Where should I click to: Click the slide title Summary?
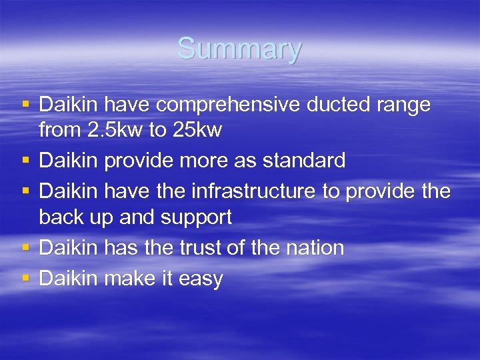click(x=239, y=49)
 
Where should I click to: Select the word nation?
click(x=312, y=248)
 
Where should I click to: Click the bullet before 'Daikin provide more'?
click(x=26, y=160)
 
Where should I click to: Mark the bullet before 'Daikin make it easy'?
click(x=26, y=277)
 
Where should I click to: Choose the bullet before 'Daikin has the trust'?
click(x=26, y=247)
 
